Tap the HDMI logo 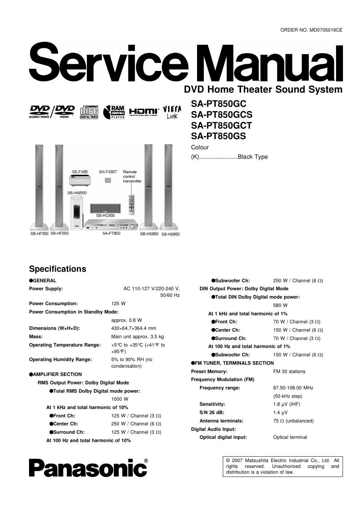click(144, 112)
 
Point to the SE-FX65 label click(80, 172)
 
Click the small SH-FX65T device click(108, 180)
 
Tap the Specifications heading click(58, 269)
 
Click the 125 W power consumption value click(118, 303)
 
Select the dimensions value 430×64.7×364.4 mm click(134, 328)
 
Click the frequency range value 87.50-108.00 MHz click(293, 388)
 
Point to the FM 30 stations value click(289, 371)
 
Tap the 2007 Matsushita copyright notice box click(282, 466)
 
